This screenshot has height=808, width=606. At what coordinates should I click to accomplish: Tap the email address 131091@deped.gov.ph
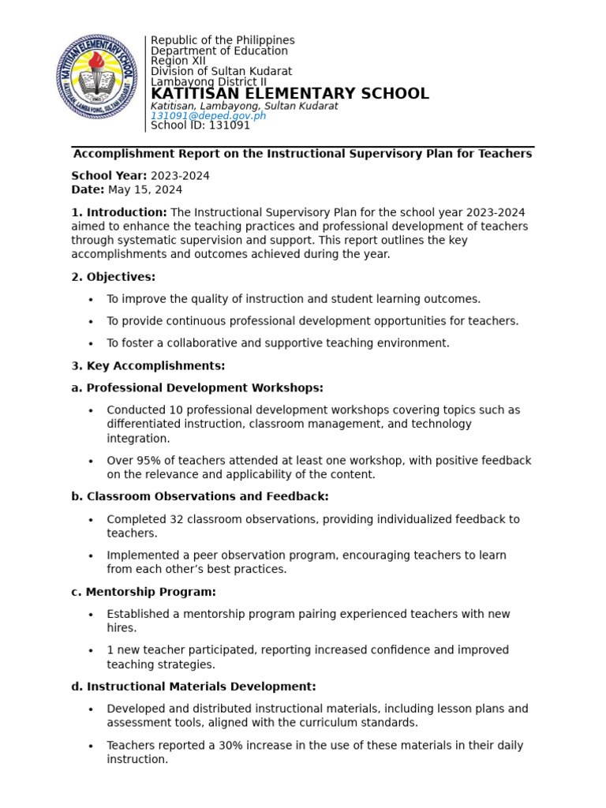208,115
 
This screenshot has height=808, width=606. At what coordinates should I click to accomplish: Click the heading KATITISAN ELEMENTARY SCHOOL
290,94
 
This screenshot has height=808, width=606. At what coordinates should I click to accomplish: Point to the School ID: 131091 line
200,125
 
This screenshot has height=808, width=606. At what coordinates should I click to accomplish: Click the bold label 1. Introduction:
119,212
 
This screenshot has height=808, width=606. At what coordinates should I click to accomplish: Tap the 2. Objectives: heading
114,276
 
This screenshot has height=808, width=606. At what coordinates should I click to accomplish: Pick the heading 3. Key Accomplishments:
148,365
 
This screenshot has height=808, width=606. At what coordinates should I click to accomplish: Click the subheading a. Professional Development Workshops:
197,387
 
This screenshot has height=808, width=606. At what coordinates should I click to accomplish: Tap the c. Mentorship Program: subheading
144,592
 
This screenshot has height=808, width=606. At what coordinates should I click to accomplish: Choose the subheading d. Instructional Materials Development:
193,686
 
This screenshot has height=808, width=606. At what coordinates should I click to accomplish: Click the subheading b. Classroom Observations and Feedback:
200,496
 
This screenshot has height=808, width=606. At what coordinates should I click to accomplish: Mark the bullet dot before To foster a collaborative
92,344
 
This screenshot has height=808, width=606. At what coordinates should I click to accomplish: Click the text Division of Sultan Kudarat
221,71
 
